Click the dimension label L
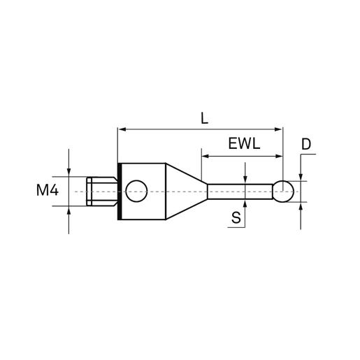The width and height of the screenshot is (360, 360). click(204, 119)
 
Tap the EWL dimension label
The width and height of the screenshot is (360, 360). click(244, 143)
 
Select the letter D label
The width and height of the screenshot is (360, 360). click(306, 145)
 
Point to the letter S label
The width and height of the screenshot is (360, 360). click(236, 218)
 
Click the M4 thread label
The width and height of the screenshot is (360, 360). click(48, 190)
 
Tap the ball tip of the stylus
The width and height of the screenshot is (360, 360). click(283, 192)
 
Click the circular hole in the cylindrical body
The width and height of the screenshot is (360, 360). click(136, 191)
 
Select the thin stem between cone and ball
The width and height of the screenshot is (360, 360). click(240, 192)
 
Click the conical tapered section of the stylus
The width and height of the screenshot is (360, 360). click(187, 192)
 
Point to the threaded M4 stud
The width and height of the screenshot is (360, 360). click(102, 192)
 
